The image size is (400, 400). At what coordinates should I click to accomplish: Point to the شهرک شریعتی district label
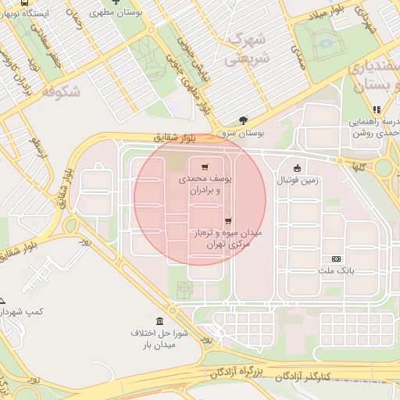245,48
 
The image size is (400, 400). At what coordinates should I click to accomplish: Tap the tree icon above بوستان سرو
243,120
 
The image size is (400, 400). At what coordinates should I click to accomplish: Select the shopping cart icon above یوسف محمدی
205,167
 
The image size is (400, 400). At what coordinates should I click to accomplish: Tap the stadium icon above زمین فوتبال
297,168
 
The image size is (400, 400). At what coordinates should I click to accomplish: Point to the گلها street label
359,166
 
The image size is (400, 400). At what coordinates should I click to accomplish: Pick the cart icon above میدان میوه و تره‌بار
227,221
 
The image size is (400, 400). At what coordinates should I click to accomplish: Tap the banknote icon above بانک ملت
337,259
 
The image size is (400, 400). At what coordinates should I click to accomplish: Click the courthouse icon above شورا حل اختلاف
160,322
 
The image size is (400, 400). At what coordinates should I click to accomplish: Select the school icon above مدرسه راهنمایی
376,109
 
